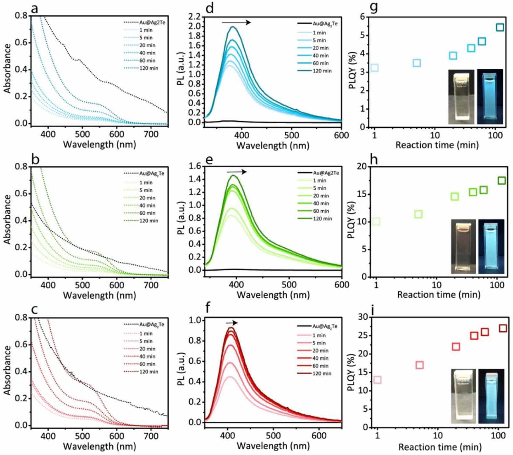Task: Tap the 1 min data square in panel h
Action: click(376, 221)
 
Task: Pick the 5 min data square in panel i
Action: click(419, 365)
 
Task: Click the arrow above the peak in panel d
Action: click(236, 22)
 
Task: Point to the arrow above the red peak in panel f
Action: click(231, 323)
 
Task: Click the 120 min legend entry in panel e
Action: click(322, 219)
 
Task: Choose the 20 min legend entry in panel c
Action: click(147, 349)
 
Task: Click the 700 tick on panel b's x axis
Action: click(151, 285)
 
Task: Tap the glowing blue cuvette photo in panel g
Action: click(490, 97)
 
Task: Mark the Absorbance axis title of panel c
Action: click(7, 370)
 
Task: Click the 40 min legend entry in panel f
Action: click(321, 358)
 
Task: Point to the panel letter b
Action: click(35, 159)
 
